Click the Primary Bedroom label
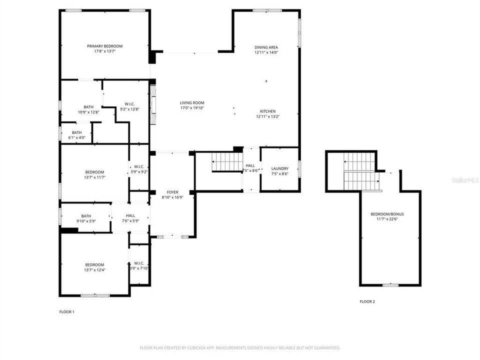coord(104,46)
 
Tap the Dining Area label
coord(266,47)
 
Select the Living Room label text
coord(192,103)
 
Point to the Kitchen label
coord(267,111)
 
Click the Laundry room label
coord(279,168)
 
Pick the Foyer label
coord(172,192)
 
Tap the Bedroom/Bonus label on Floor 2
coord(387,214)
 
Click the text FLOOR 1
coord(66,312)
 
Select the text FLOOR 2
coord(367,301)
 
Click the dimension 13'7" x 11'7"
coord(94,177)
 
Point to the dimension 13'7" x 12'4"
coord(94,270)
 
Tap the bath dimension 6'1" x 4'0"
coord(76,138)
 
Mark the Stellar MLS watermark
coord(468,178)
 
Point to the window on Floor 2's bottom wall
coord(390,285)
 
